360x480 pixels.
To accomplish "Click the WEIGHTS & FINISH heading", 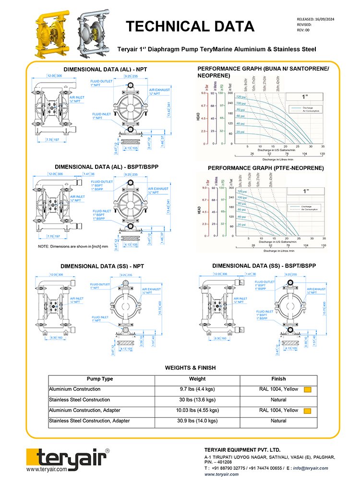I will (190, 368).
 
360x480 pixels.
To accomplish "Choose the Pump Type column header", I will (100, 379).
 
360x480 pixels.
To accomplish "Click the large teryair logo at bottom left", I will (68, 456).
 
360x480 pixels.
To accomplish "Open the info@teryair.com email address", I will (311, 468).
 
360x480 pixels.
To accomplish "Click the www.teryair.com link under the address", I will (221, 474).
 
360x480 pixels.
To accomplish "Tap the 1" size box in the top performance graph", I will (304, 96).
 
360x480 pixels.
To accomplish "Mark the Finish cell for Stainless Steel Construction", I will (278, 400).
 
